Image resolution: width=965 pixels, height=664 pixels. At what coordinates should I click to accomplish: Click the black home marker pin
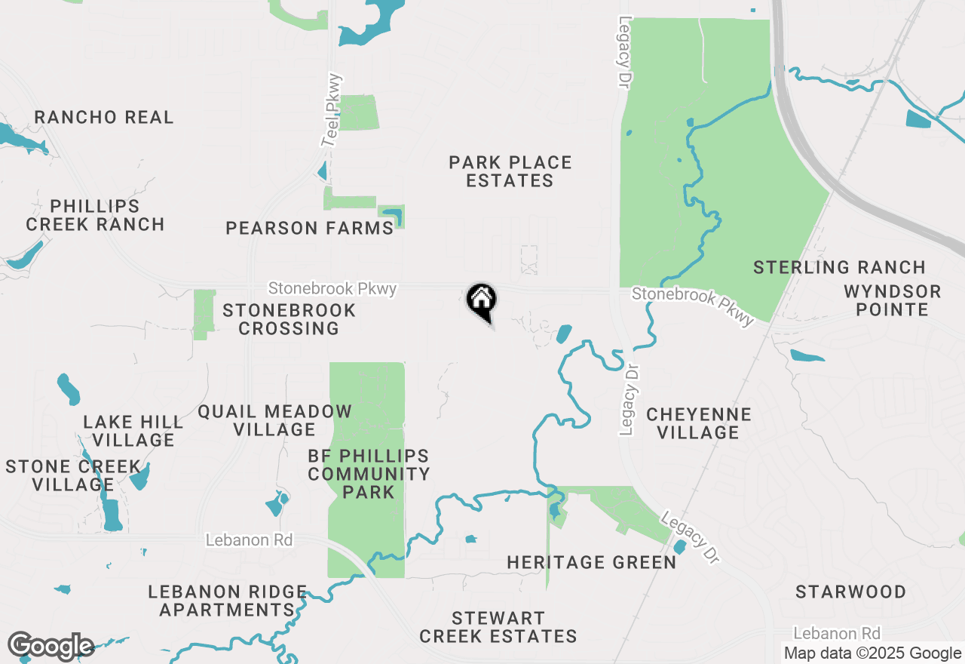coord(481,300)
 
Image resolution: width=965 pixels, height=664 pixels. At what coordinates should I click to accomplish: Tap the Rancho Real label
coord(104,117)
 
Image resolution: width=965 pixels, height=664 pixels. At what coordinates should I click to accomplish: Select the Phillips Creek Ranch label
coord(95,215)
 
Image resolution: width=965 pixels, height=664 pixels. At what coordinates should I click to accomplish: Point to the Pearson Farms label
coord(310,228)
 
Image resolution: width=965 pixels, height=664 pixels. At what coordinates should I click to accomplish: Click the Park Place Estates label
coord(510,171)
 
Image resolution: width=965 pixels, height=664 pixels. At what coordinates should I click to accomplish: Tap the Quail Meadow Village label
coord(274,420)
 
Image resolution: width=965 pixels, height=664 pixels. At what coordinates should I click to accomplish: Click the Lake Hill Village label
coord(133,430)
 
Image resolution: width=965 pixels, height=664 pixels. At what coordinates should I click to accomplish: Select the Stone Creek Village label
coord(73,475)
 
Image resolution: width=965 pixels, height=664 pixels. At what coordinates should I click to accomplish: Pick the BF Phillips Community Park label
coord(369,474)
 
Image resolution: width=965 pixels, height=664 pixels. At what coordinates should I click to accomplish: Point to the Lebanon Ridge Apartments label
coord(227,601)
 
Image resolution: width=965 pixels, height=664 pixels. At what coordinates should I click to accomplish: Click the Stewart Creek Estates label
coord(498,627)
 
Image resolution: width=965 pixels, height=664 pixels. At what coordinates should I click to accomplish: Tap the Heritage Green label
coord(591,562)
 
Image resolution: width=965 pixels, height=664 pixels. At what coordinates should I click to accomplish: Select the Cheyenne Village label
coord(699,423)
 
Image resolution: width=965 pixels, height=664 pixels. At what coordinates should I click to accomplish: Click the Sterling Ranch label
coord(839,267)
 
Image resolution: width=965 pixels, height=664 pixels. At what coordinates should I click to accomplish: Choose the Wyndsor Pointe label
coord(892,300)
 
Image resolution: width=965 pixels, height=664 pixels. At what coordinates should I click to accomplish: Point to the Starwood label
coord(851,592)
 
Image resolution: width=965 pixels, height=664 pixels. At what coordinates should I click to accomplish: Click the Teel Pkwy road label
coord(332,110)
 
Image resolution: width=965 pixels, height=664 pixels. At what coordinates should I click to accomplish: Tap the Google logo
coord(51,647)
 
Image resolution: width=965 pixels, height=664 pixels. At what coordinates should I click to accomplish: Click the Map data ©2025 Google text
coord(872,653)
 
